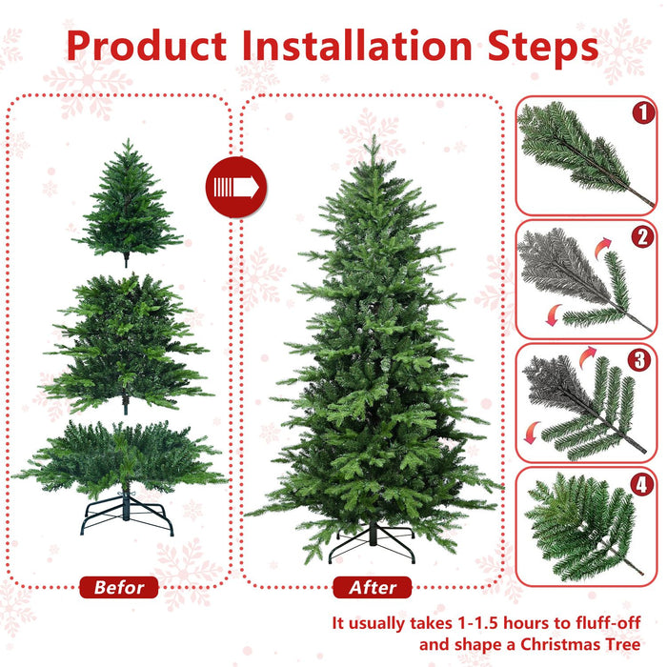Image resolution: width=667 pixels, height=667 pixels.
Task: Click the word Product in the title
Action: pyautogui.click(x=148, y=46)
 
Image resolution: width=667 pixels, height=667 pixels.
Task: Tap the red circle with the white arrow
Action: pyautogui.click(x=237, y=187)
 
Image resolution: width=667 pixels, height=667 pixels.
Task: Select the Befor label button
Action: pyautogui.click(x=119, y=587)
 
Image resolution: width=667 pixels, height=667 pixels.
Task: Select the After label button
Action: pyautogui.click(x=372, y=587)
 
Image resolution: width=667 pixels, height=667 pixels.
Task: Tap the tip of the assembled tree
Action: pyautogui.click(x=372, y=140)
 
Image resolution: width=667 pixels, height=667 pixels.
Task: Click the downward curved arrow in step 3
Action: pyautogui.click(x=528, y=437)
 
